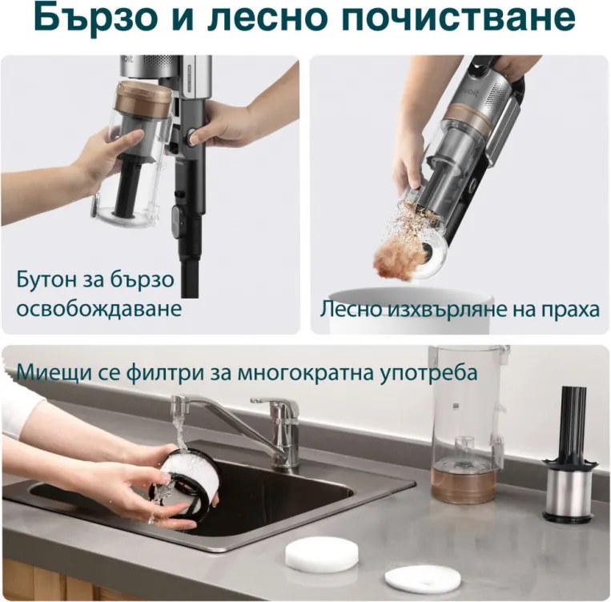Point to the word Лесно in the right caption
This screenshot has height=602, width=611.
(350, 308)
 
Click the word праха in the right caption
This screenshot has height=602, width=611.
(569, 308)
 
